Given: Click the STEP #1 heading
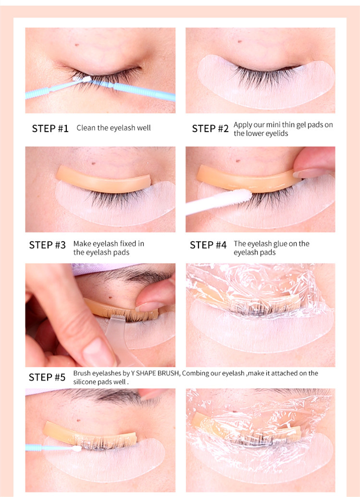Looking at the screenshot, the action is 50,128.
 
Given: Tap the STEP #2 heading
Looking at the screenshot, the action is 210,128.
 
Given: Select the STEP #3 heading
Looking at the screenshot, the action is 47,245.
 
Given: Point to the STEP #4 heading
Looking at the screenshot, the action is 208,245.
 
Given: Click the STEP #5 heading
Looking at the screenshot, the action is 47,377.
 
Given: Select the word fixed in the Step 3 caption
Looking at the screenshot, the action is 128,243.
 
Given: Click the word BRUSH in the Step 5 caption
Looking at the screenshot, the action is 168,373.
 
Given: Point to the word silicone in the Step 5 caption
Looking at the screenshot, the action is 84,382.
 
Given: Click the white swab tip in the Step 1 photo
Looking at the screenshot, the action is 82,78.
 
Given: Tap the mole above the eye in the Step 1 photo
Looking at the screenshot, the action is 77,45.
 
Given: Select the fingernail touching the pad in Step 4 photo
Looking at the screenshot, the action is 309,174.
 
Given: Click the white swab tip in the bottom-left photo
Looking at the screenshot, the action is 76,448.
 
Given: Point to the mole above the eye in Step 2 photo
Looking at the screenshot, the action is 240,41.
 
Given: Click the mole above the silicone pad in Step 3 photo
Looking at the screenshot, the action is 94,163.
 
